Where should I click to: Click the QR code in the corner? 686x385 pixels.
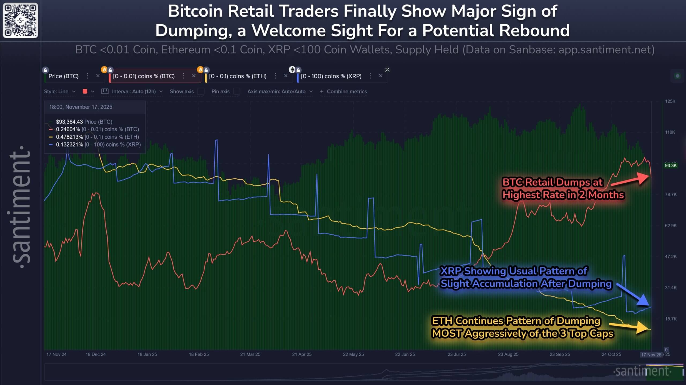(x=20, y=20)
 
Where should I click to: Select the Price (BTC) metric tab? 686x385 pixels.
(x=64, y=76)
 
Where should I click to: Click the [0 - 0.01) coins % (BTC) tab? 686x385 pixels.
(x=144, y=76)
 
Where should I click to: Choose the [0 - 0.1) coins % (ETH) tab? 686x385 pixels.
(x=238, y=76)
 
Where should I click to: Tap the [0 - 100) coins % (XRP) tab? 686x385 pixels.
(x=331, y=76)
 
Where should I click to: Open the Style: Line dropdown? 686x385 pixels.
(x=59, y=91)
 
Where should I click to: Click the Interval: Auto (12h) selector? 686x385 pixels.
(x=133, y=91)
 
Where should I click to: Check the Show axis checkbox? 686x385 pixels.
(x=201, y=91)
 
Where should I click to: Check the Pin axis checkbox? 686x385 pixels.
(x=236, y=91)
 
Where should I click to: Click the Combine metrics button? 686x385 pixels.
(x=344, y=91)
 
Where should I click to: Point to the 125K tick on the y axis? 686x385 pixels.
(x=670, y=101)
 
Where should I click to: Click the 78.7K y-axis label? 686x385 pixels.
(x=670, y=194)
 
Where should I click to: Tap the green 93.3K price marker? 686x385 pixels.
(x=670, y=165)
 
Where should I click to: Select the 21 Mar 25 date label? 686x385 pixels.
(x=250, y=354)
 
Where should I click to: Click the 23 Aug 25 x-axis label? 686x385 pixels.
(x=508, y=354)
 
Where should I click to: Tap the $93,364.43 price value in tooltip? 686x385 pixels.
(x=69, y=122)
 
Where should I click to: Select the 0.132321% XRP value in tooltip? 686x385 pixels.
(x=69, y=145)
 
